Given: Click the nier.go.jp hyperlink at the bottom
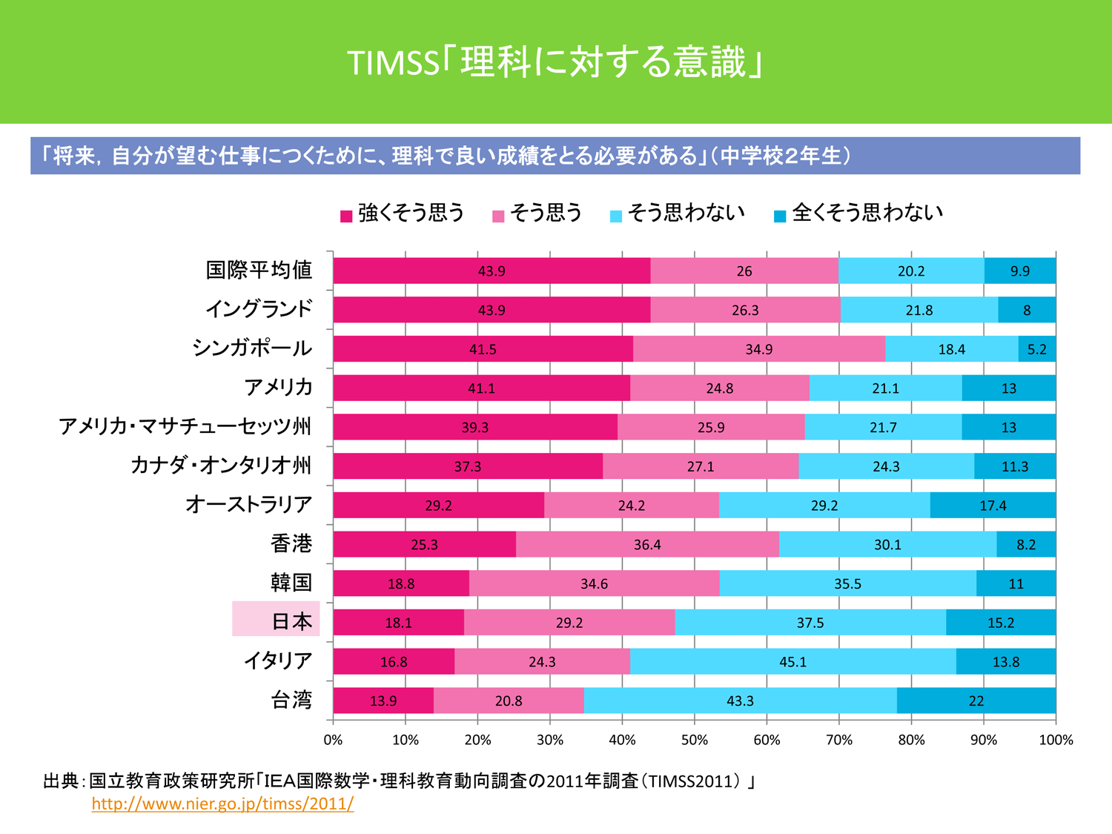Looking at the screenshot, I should tap(222, 804).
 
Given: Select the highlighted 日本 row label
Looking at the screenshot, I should tap(277, 620).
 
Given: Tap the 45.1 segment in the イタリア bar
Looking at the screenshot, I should tap(792, 661).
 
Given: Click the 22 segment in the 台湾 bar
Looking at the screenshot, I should tap(976, 701).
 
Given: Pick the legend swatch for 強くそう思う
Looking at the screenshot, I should tap(345, 216).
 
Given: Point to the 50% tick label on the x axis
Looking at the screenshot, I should tap(694, 740).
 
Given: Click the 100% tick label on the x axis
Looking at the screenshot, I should tap(1056, 740).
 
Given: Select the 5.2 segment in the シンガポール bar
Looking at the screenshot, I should tap(1037, 349).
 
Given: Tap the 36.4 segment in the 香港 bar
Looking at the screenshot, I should tap(647, 545).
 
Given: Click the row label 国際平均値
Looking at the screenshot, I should tap(259, 270).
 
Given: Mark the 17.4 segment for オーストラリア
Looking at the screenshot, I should tap(993, 506).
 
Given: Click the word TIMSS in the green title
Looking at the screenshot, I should tap(394, 64).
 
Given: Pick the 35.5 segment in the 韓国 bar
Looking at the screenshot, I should tap(847, 583).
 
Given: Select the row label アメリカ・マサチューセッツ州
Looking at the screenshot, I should tap(185, 426).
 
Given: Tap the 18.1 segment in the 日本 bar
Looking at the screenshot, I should tap(398, 623).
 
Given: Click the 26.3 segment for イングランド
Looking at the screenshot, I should tap(745, 310).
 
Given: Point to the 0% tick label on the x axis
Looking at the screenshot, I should tap(333, 740).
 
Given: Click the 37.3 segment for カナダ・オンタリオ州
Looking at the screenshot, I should tap(468, 466).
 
